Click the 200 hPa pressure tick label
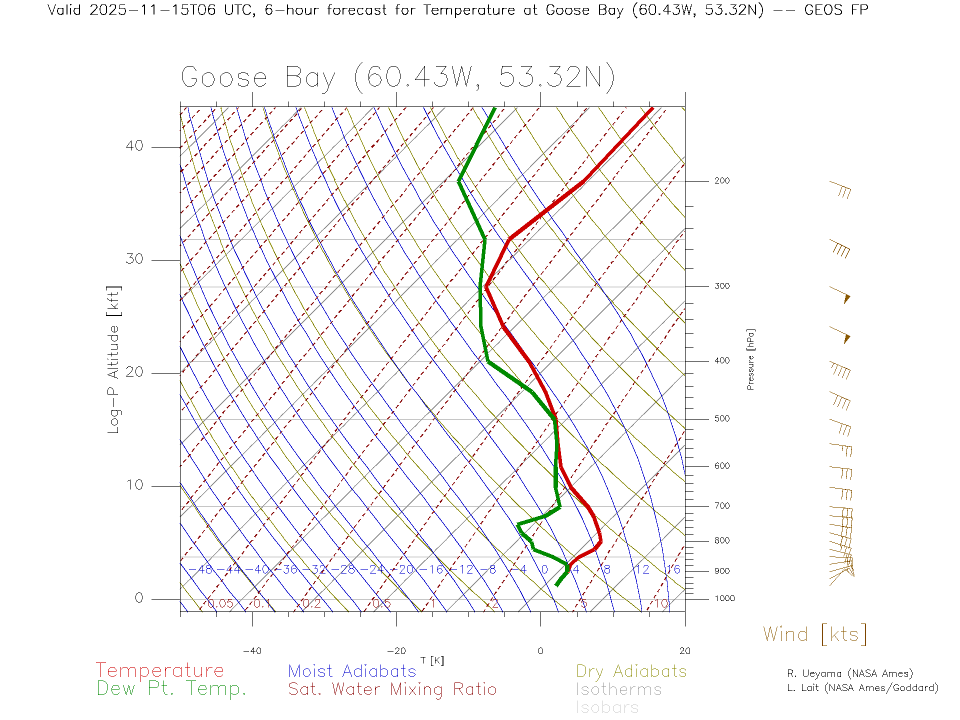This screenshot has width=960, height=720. pyautogui.click(x=721, y=180)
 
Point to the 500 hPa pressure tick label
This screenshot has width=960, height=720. pyautogui.click(x=721, y=418)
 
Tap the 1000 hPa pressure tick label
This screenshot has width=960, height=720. pyautogui.click(x=724, y=598)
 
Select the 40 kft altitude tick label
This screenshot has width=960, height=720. pyautogui.click(x=134, y=146)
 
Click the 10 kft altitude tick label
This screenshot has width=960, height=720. pyautogui.click(x=134, y=485)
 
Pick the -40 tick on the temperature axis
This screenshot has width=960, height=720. pyautogui.click(x=252, y=651)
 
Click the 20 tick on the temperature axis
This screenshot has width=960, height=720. pyautogui.click(x=684, y=651)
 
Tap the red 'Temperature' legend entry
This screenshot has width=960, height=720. pyautogui.click(x=160, y=670)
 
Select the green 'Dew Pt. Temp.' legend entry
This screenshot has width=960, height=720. pyautogui.click(x=171, y=689)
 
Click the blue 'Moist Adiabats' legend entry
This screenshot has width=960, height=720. pyautogui.click(x=352, y=671)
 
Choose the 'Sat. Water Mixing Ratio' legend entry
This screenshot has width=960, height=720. pyautogui.click(x=392, y=689)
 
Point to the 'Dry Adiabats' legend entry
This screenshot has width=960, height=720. pyautogui.click(x=631, y=671)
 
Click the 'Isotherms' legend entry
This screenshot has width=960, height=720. pyautogui.click(x=619, y=689)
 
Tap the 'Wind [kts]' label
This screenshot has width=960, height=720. pyautogui.click(x=815, y=634)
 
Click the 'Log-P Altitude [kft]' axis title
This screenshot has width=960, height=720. pyautogui.click(x=114, y=360)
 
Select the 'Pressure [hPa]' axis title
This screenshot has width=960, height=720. pyautogui.click(x=750, y=359)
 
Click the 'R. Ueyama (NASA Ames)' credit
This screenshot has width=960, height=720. pyautogui.click(x=850, y=673)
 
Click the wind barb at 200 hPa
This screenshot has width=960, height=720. pyautogui.click(x=840, y=189)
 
